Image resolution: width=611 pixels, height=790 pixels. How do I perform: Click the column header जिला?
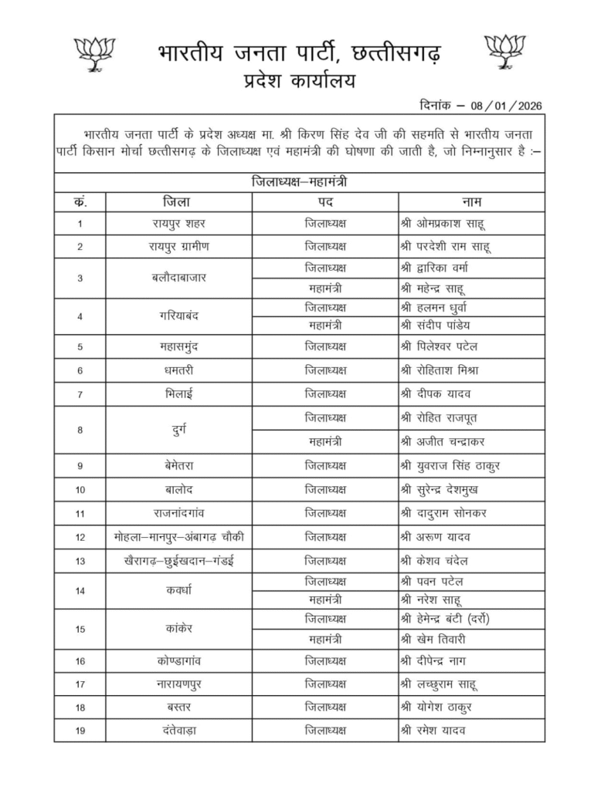(178, 201)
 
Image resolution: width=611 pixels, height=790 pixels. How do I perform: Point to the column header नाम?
(471, 201)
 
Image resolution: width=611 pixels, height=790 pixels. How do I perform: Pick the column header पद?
(325, 201)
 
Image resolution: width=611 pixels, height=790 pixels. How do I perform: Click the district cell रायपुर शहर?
(178, 224)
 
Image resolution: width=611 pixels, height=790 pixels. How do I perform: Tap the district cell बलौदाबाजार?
(178, 278)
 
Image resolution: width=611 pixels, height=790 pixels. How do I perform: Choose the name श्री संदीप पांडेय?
(446, 325)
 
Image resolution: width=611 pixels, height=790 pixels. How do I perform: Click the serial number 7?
(80, 393)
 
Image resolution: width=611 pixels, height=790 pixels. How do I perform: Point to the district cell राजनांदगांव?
(178, 512)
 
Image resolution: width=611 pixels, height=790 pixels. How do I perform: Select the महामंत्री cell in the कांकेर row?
(325, 640)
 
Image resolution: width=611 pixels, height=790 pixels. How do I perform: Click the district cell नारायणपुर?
(178, 684)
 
